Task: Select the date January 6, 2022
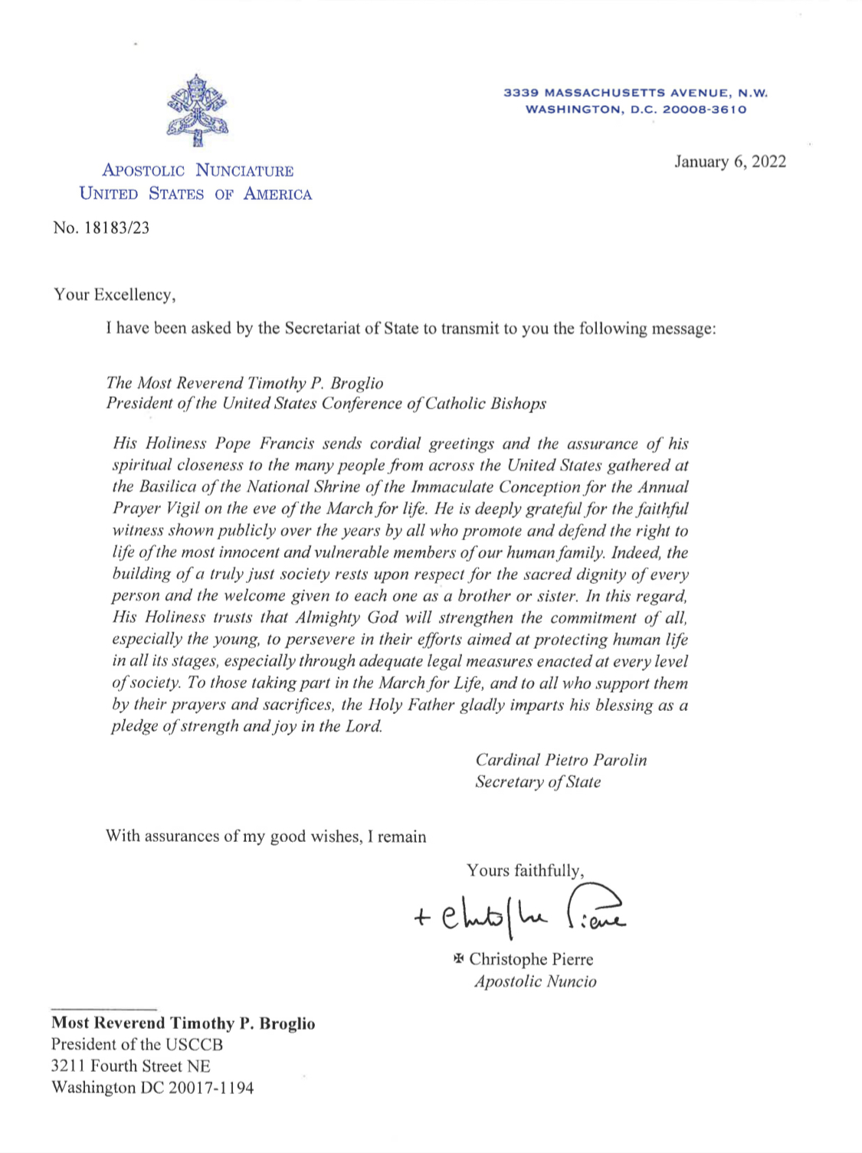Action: [x=729, y=162]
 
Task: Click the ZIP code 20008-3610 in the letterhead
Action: [x=704, y=110]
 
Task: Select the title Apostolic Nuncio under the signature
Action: [x=535, y=981]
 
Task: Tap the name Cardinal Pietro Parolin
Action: [x=560, y=760]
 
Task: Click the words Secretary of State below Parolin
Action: [x=537, y=782]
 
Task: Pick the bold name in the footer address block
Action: [x=183, y=1024]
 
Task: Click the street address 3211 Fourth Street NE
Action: [x=130, y=1066]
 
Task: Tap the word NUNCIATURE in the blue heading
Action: [x=244, y=171]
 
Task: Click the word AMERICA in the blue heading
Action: [x=277, y=194]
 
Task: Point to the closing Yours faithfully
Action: [x=525, y=870]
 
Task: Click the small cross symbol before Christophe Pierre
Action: [x=459, y=958]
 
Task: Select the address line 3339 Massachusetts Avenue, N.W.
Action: [x=635, y=93]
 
